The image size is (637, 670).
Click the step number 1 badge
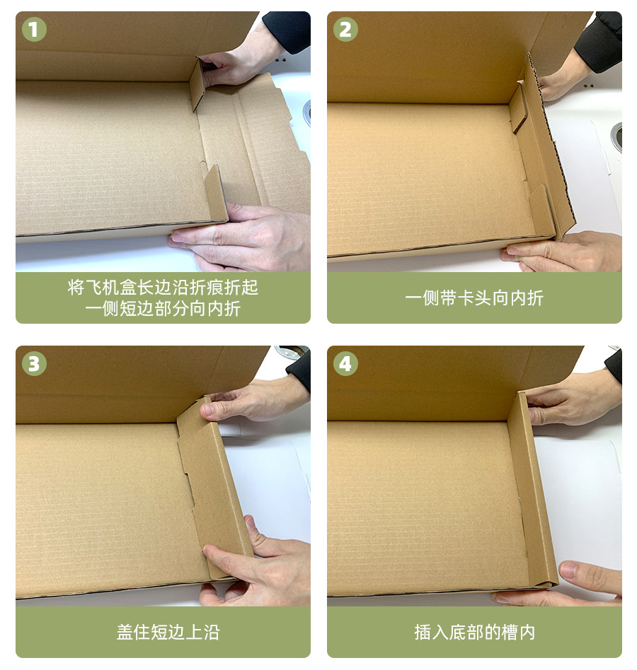34,30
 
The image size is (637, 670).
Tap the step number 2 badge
345,30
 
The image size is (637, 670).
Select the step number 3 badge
34,364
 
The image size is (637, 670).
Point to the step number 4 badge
345,364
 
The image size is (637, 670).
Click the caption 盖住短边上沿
163,632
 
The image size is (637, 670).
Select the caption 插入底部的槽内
474,632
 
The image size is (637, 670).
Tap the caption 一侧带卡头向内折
474,298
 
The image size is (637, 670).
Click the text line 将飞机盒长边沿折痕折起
163,288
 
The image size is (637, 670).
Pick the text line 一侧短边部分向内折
163,309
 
